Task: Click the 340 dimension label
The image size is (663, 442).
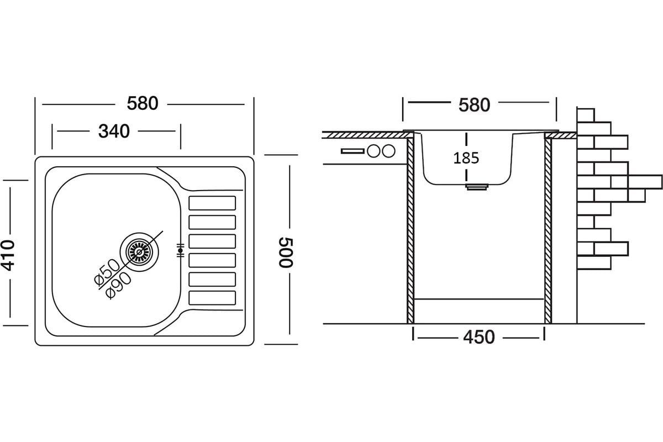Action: coord(114,131)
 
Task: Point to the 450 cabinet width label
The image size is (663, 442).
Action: coord(478,336)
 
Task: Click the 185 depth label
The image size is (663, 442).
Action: coord(466,158)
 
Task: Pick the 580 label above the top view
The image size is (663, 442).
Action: coord(143,103)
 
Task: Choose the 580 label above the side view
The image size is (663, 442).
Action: coord(474,104)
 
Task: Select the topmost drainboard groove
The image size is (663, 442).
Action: coord(212,203)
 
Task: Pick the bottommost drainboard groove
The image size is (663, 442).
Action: coord(212,297)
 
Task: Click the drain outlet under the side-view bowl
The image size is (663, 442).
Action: coord(476,187)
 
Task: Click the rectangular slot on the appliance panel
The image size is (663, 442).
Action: coord(351,151)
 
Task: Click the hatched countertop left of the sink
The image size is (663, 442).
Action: coord(362,134)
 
